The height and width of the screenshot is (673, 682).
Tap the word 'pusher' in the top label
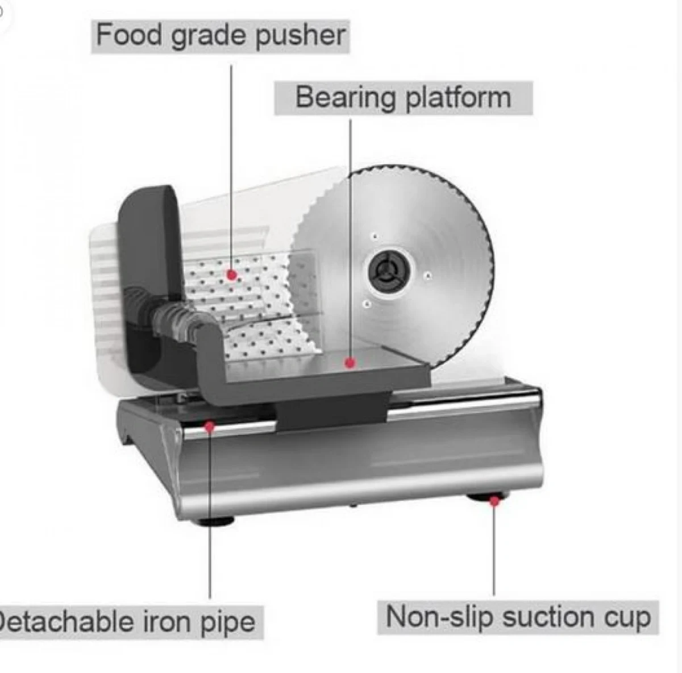click(300, 36)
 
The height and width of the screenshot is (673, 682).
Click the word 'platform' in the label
click(458, 98)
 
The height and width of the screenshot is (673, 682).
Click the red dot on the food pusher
click(231, 275)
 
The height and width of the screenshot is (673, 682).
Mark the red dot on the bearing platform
click(351, 362)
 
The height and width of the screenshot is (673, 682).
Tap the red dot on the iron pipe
click(210, 426)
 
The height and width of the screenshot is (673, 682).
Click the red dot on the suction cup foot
click(494, 501)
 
